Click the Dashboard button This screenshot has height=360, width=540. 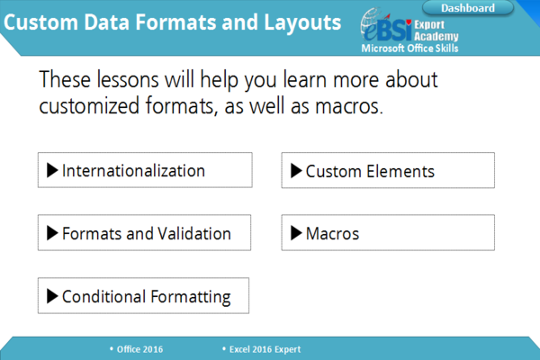[468, 8]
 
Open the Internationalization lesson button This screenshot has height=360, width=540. [145, 170]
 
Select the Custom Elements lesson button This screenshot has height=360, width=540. [388, 170]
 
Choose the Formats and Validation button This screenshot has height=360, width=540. [144, 232]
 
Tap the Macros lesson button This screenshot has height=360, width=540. [388, 232]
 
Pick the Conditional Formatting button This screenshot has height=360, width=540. [143, 295]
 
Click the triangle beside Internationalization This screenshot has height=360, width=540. [52, 170]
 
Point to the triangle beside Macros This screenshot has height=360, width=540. [296, 233]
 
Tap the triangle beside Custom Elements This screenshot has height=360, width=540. [296, 170]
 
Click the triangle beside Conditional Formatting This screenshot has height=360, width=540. [52, 296]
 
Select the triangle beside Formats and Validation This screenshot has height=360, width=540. [52, 233]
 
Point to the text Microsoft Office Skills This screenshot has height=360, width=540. [409, 49]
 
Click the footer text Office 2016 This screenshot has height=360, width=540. [139, 349]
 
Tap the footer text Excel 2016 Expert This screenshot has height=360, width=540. [265, 349]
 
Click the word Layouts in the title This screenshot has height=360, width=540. [302, 22]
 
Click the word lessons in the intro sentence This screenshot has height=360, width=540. [128, 79]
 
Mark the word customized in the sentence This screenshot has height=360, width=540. [89, 106]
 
